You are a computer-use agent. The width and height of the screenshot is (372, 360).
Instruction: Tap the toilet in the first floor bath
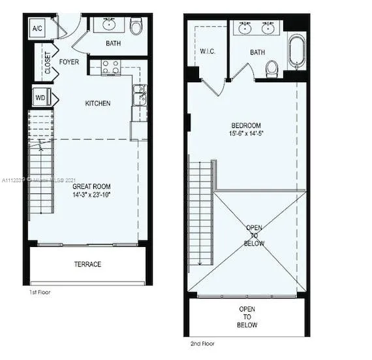(x=136, y=27)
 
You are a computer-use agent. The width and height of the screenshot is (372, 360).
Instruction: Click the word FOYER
(x=69, y=62)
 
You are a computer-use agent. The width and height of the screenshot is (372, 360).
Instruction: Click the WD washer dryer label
(x=40, y=99)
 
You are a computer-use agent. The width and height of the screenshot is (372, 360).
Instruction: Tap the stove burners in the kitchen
(x=110, y=67)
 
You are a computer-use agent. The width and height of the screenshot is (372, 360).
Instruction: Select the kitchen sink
(x=139, y=95)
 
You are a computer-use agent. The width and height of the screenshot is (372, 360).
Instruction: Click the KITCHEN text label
(x=98, y=103)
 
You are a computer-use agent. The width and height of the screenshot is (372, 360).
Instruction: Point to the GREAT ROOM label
(x=92, y=186)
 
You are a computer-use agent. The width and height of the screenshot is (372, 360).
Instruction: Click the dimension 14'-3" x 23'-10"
(x=92, y=195)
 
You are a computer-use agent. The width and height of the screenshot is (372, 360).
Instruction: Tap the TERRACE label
(x=87, y=264)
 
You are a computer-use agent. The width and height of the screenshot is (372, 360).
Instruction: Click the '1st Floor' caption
(x=40, y=292)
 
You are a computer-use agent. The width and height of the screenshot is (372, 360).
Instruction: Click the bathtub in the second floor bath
(x=296, y=52)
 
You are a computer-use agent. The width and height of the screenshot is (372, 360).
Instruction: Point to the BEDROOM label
(x=246, y=125)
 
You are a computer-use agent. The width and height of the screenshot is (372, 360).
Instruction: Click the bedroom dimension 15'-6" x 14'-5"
(x=246, y=134)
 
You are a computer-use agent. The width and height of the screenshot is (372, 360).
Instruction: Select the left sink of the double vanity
(x=245, y=29)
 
